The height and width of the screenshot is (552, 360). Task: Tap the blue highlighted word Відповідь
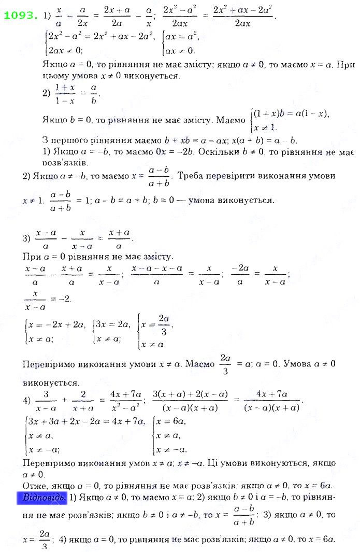click(x=45, y=497)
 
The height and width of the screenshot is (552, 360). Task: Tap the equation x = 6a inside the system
click(x=172, y=421)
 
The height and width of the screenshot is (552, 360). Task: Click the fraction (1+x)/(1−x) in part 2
click(x=65, y=94)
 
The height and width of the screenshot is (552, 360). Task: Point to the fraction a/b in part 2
click(x=94, y=94)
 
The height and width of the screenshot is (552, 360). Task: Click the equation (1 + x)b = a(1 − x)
click(x=290, y=114)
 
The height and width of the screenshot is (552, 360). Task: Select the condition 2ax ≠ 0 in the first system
click(x=65, y=50)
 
